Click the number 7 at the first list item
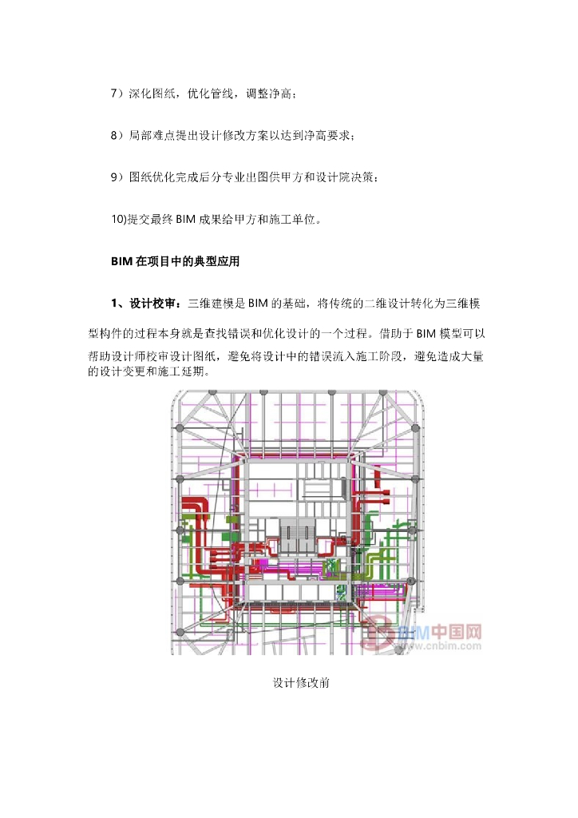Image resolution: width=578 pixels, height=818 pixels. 114,94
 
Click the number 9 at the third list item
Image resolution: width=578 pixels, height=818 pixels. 114,177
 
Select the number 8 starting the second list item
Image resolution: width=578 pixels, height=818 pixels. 114,136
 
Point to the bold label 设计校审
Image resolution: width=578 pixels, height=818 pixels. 156,304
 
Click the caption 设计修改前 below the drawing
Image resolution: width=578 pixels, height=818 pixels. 302,684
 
